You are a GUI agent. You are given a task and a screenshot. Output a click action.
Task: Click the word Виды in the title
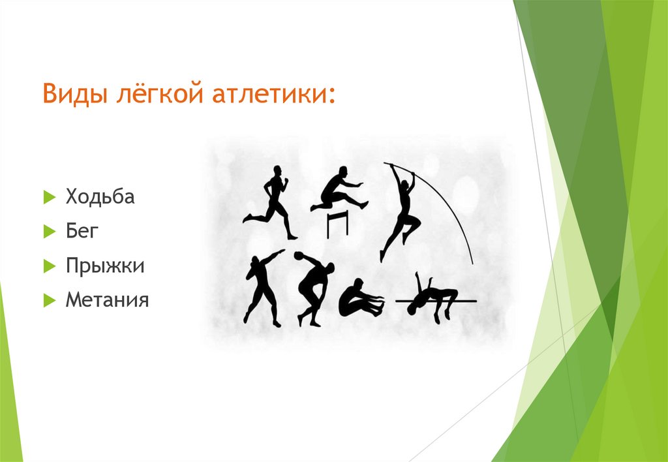[x=70, y=95]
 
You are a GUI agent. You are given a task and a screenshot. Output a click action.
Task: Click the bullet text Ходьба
[x=100, y=196]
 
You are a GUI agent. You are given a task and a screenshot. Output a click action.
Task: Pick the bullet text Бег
[x=80, y=231]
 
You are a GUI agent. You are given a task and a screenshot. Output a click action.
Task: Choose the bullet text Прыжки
[x=104, y=266]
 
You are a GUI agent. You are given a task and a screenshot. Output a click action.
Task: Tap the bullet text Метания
[x=107, y=300]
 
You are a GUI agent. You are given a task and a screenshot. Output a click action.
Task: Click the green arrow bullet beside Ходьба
[x=48, y=197]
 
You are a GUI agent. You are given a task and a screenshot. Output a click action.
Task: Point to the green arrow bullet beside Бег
[x=48, y=232]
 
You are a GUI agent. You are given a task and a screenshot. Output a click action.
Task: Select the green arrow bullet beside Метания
[x=48, y=301]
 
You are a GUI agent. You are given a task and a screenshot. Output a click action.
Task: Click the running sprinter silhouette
[x=273, y=202]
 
